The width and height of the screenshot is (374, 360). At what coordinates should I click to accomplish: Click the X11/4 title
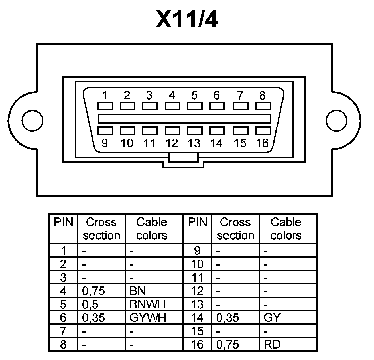pos(187,19)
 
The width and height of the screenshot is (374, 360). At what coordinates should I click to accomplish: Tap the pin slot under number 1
pos(105,106)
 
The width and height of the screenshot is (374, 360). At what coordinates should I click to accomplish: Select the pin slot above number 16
pos(263,131)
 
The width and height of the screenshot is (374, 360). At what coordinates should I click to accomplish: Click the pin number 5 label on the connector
pos(194,95)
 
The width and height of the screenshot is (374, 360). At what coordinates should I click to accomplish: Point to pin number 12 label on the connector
pos(172,143)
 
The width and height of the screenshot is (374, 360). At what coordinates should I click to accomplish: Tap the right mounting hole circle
pos(336,120)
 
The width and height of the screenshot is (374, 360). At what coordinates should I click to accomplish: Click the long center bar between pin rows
pos(184,118)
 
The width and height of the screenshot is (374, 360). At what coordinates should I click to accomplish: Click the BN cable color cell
pos(137,291)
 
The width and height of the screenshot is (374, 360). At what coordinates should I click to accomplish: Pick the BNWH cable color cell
pos(147,304)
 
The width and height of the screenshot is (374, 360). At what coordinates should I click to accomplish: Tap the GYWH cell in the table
pos(148,318)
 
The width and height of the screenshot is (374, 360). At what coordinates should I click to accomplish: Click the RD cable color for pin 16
pos(272,345)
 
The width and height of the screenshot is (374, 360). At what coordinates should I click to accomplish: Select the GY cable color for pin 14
pos(272,318)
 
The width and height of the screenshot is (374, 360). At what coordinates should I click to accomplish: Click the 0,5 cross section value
pos(90,304)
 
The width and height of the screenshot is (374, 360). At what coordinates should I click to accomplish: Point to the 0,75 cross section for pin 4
pos(93,291)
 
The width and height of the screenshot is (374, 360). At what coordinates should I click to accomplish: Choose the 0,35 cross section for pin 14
pos(227,318)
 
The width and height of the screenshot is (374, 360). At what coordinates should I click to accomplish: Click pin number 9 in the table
pos(197,250)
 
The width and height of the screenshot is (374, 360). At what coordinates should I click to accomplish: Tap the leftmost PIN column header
pos(63,222)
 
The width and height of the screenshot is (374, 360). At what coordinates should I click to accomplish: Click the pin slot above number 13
pos(195,131)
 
